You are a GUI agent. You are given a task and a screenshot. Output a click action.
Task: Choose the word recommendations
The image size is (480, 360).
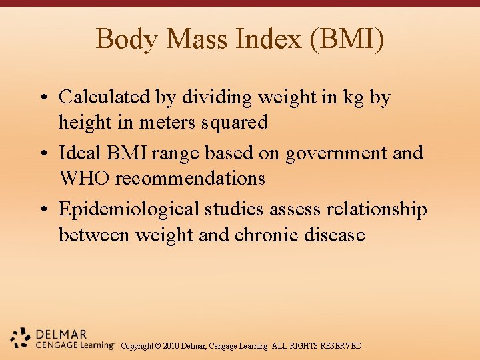point(191,179)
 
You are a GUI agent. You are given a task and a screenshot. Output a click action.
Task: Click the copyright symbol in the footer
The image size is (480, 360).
point(157,347)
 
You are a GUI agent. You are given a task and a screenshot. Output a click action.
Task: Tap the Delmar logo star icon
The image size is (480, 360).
point(21,337)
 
